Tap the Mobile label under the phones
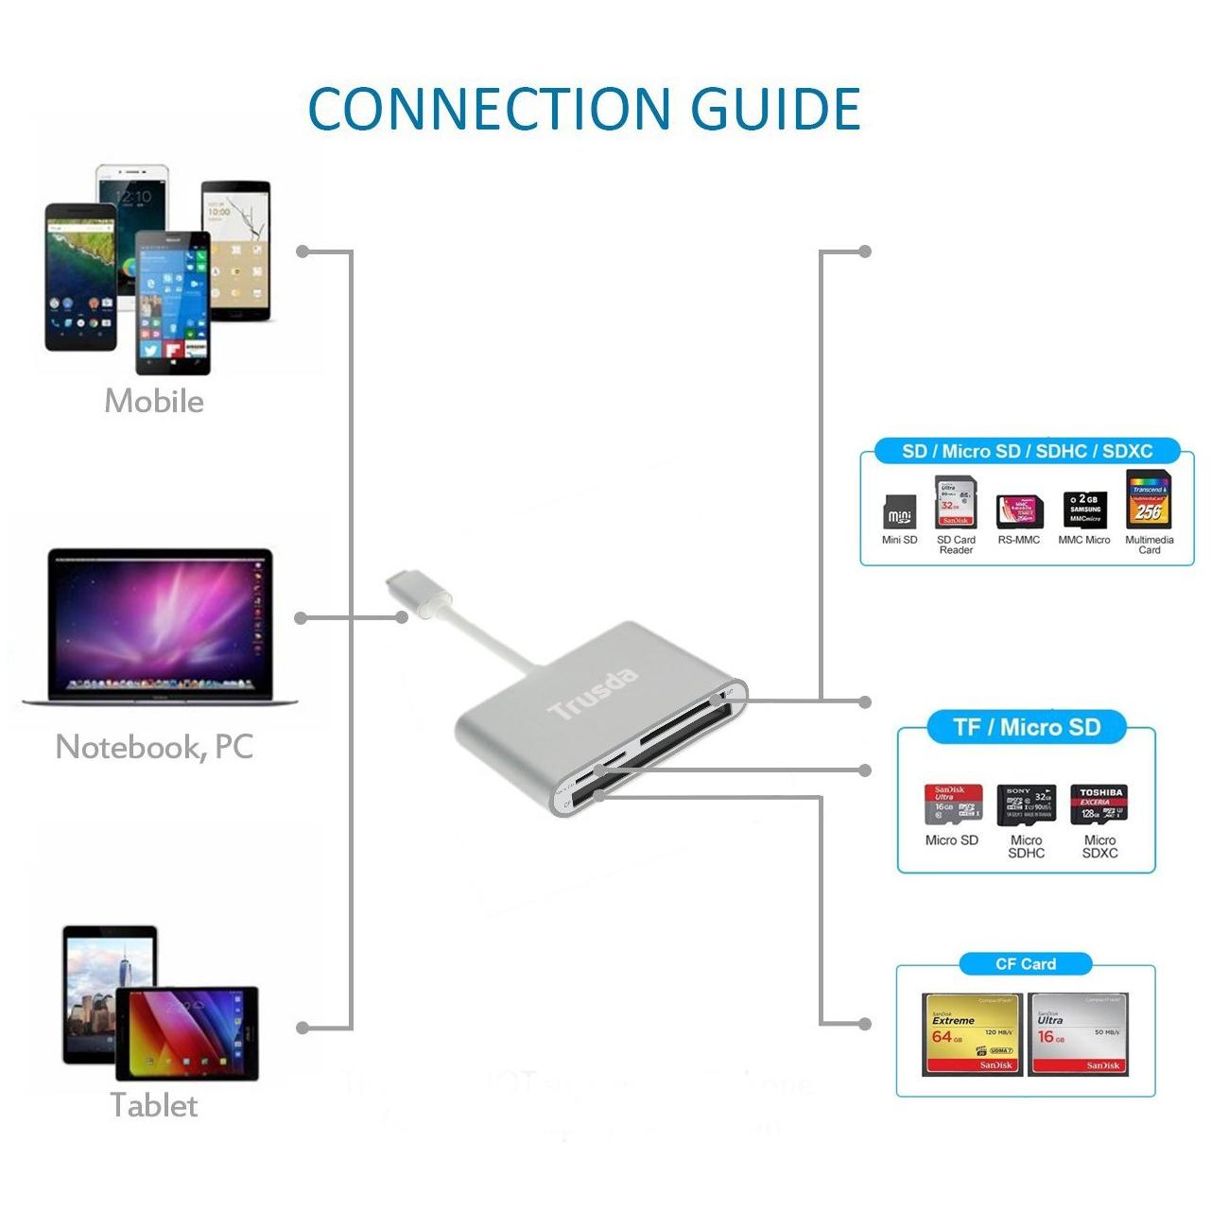[154, 401]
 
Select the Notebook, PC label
[155, 747]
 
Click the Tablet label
[154, 1104]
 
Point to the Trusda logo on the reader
[594, 694]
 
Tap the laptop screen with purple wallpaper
[159, 619]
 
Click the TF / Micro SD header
[1027, 727]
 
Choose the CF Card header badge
[1026, 964]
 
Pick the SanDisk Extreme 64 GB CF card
[972, 1033]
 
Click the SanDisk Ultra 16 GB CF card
[1078, 1033]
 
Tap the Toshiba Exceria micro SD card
[1100, 803]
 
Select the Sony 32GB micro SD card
[1026, 803]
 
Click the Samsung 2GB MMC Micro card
[1084, 510]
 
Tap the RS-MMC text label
[1018, 540]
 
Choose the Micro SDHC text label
[1026, 846]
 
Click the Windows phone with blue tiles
[172, 303]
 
